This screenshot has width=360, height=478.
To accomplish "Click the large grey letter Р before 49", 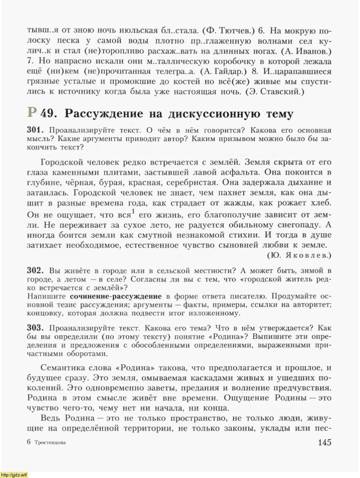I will (x=32, y=112).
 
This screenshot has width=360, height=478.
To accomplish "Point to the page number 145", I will (x=322, y=442).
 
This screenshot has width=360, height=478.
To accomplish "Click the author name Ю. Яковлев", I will (x=299, y=256).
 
